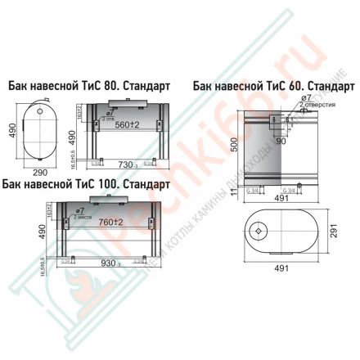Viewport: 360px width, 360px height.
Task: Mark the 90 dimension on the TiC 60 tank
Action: [x=281, y=140]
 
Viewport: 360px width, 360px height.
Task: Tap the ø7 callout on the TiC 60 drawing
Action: [x=304, y=98]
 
